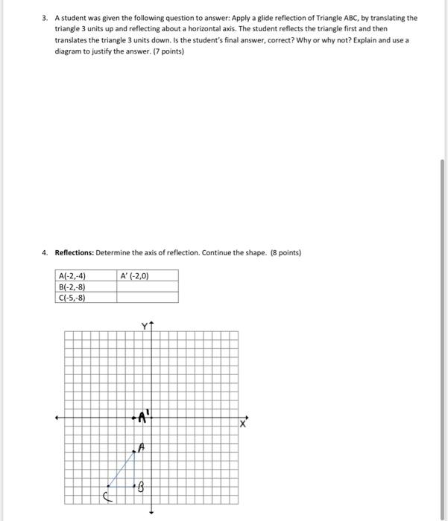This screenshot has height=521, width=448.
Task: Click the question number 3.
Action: click(45, 17)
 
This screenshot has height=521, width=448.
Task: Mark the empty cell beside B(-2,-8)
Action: click(147, 287)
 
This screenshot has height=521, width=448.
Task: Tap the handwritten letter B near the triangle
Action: click(139, 488)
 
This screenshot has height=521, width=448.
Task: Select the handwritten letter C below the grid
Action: click(107, 497)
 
